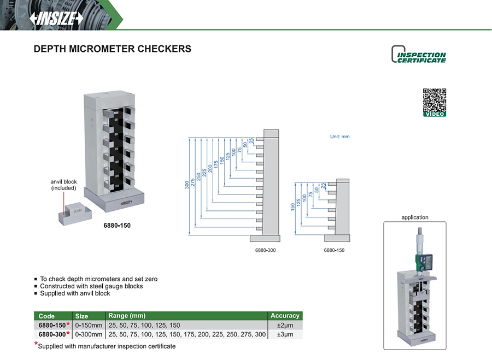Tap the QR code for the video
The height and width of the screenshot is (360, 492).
click(435, 100)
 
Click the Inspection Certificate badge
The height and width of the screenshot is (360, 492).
click(419, 55)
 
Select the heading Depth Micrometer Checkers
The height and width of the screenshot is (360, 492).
click(113, 49)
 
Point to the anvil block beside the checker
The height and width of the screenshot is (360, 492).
click(74, 215)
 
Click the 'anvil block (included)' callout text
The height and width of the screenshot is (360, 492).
click(63, 185)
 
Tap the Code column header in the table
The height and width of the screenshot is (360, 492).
click(47, 316)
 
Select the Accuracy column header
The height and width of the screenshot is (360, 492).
click(285, 316)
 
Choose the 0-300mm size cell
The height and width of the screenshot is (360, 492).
click(89, 334)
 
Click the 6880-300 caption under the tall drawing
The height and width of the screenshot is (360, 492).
click(265, 250)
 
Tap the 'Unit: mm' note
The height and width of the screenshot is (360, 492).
click(339, 137)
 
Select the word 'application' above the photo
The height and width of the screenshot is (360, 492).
click(415, 217)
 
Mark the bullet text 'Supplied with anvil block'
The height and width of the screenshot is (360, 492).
click(75, 293)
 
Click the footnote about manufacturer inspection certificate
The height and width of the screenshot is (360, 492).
click(107, 346)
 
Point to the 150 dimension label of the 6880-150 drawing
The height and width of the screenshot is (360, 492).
click(292, 208)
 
